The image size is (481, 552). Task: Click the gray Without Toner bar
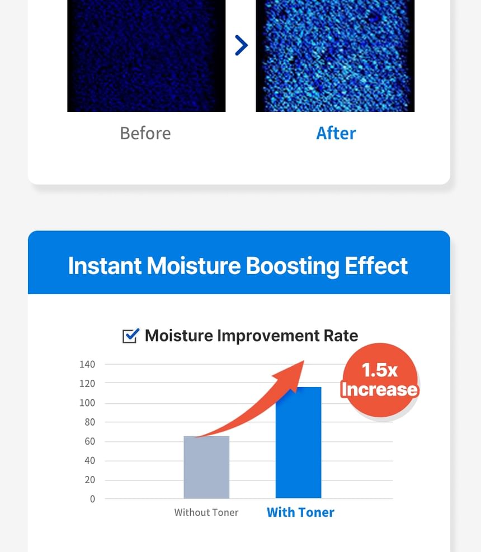(206, 467)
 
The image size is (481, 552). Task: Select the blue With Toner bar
(298, 442)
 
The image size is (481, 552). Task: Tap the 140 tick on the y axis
(87, 364)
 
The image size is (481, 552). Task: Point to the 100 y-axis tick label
(87, 403)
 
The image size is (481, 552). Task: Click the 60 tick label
(90, 441)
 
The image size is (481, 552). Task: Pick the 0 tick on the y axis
(92, 499)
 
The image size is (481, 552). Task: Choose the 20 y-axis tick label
(90, 480)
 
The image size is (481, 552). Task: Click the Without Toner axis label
(206, 512)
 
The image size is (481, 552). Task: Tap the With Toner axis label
(300, 512)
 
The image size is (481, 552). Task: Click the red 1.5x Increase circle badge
(380, 380)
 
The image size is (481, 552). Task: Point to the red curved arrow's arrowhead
(293, 375)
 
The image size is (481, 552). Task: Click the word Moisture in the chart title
(179, 336)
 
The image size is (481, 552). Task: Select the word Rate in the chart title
(341, 336)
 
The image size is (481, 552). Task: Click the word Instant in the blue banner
(105, 266)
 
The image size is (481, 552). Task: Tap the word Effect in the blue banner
(376, 266)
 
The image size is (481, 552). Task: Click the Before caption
(145, 134)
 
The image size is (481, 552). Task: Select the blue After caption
(336, 134)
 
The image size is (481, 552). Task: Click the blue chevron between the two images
(242, 45)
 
